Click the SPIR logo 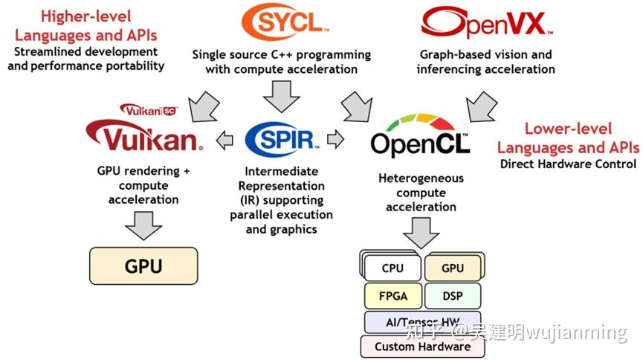coord(282,138)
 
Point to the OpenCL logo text coord(420,144)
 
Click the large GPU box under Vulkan coord(143,266)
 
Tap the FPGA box coord(392,295)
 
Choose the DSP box coord(452,295)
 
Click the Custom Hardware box coord(421,346)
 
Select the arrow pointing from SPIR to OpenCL coord(336,139)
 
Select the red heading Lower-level coord(568,128)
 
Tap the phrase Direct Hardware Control coord(568,164)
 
